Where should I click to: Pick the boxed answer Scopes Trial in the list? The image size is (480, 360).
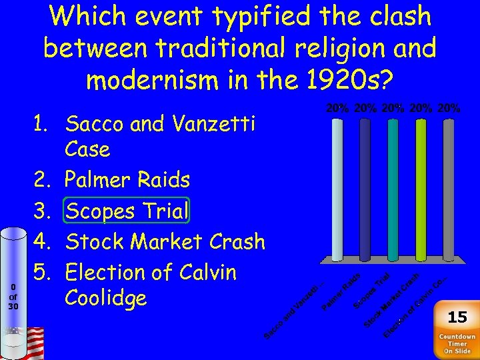[x=127, y=211]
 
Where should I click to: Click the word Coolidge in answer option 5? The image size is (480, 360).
[x=105, y=298]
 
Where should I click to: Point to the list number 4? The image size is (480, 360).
[x=45, y=241]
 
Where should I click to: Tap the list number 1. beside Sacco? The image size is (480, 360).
[x=45, y=123]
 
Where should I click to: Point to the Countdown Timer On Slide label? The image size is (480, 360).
[x=457, y=343]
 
